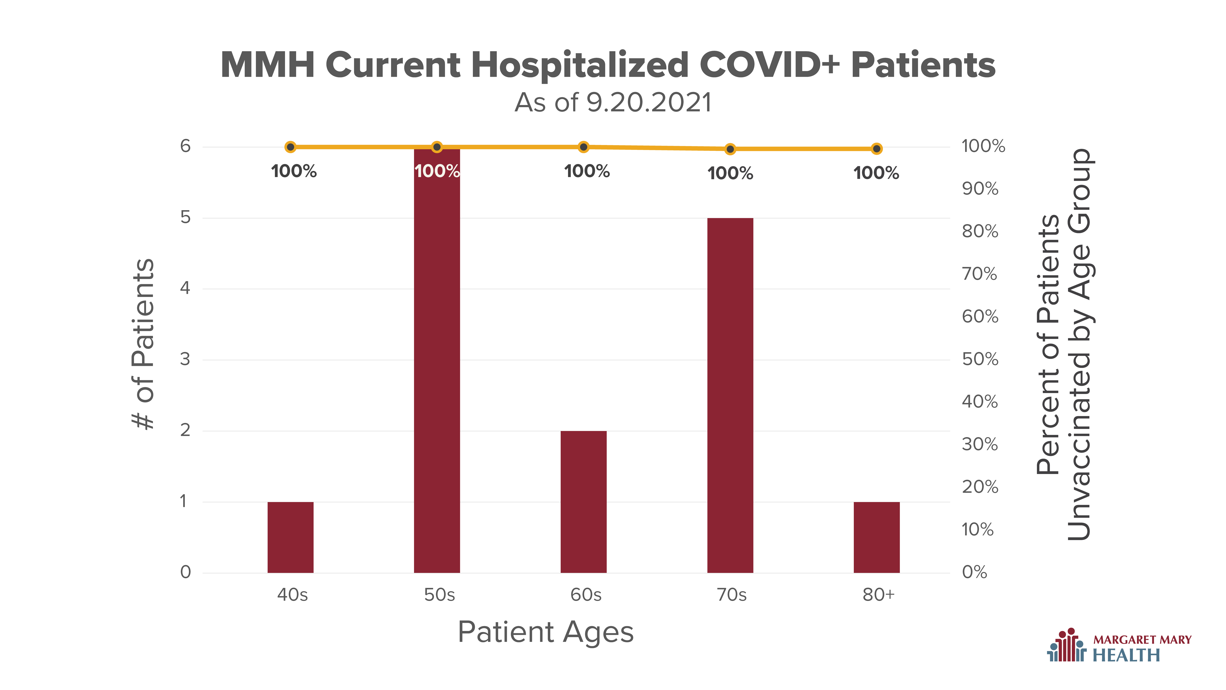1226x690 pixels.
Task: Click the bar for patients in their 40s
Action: (x=290, y=537)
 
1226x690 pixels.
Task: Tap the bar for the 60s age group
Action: (x=584, y=502)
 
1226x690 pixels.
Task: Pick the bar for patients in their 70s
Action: (x=730, y=395)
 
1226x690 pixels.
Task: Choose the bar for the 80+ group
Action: (x=877, y=537)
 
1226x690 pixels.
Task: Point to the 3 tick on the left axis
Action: (x=185, y=359)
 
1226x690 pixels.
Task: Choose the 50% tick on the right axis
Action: (x=980, y=359)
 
